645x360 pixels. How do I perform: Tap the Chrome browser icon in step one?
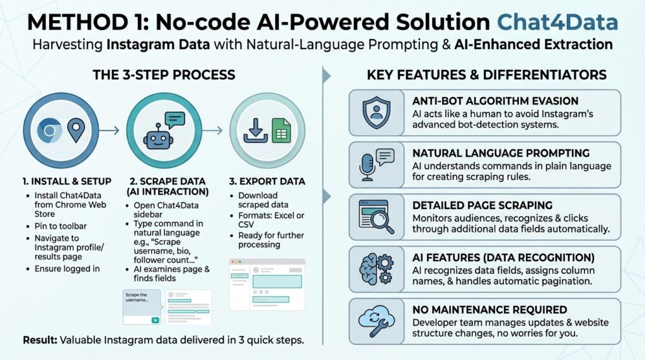49,130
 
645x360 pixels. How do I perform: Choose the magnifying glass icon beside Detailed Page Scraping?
376,217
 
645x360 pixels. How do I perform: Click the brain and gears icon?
376,269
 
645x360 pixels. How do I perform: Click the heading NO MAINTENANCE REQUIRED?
489,310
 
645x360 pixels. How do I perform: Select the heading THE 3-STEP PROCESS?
164,75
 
